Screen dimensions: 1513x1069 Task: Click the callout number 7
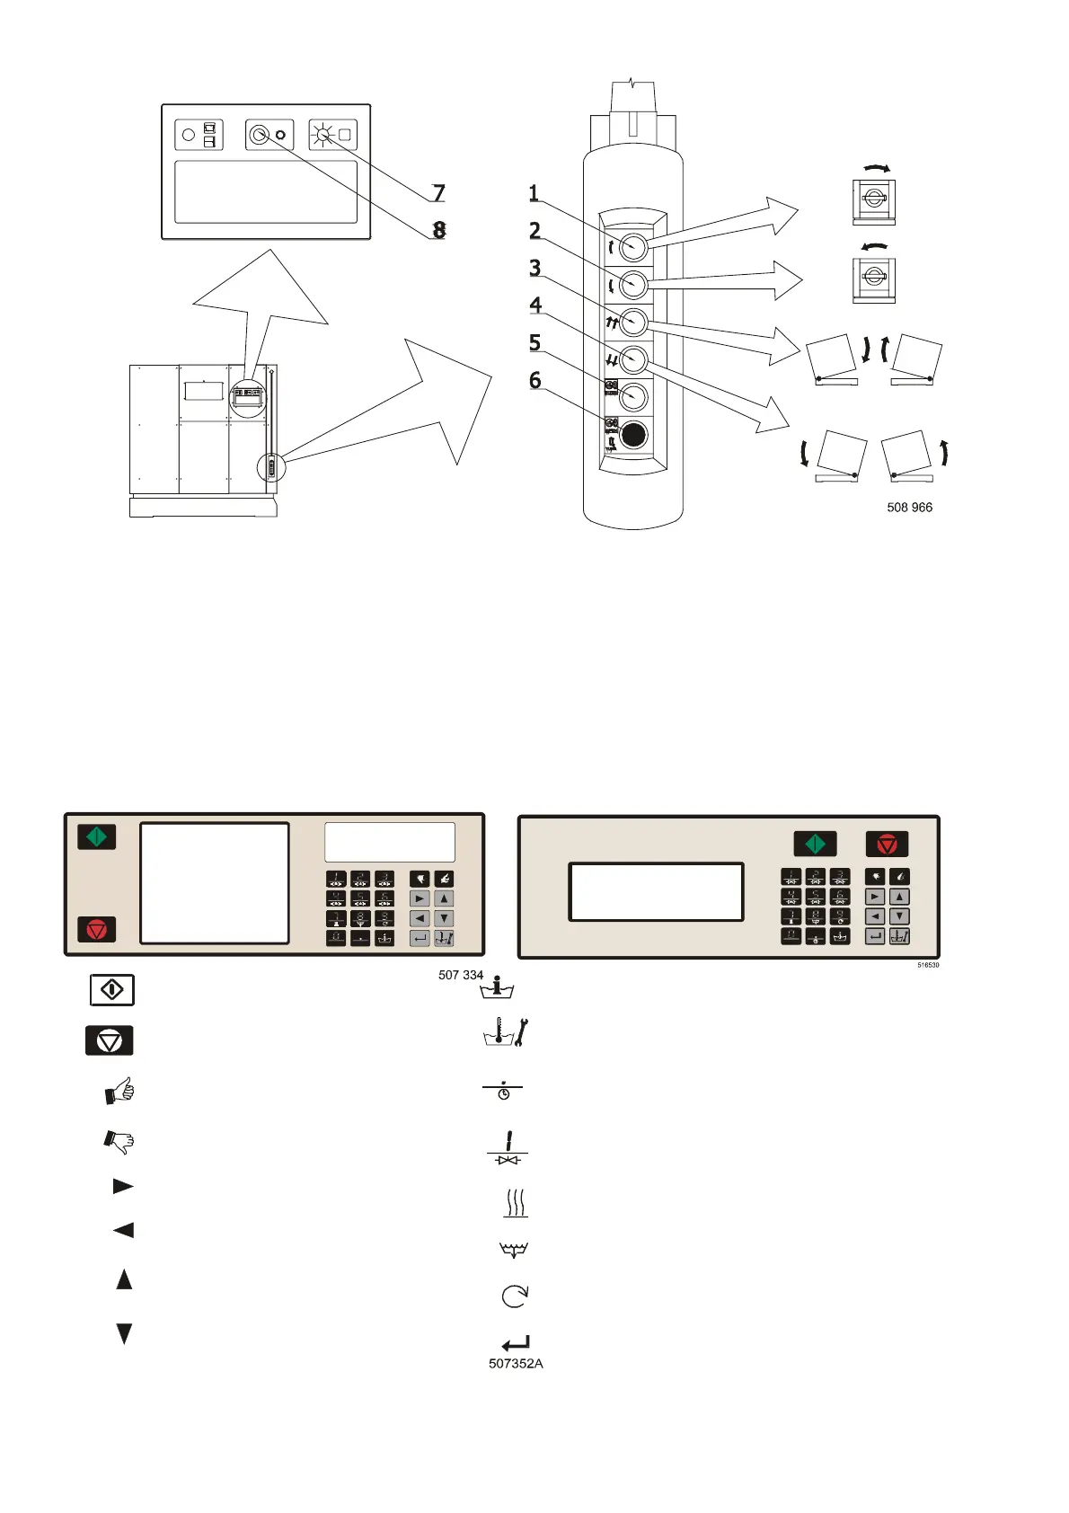coord(438,193)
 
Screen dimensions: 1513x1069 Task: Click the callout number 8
coord(439,230)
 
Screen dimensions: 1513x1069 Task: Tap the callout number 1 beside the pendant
coord(534,193)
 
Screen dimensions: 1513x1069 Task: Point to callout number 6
coord(535,381)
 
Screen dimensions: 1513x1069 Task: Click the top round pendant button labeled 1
coord(633,245)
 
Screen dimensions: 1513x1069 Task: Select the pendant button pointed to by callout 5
coord(633,396)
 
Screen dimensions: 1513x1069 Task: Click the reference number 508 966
coord(909,508)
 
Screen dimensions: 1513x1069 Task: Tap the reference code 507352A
coord(516,1363)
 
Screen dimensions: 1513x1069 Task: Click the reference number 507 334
coord(461,975)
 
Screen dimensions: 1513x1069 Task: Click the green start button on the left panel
coord(97,837)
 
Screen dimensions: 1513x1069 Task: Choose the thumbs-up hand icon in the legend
coord(119,1091)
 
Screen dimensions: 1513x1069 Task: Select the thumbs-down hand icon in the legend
coord(119,1141)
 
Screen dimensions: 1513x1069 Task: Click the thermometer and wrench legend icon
coord(507,1034)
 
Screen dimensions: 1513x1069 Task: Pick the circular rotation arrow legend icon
coord(515,1296)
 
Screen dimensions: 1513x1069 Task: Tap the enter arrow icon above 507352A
coord(516,1343)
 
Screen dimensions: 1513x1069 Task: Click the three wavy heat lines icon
coord(515,1202)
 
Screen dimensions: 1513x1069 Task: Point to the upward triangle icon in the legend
coord(124,1279)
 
